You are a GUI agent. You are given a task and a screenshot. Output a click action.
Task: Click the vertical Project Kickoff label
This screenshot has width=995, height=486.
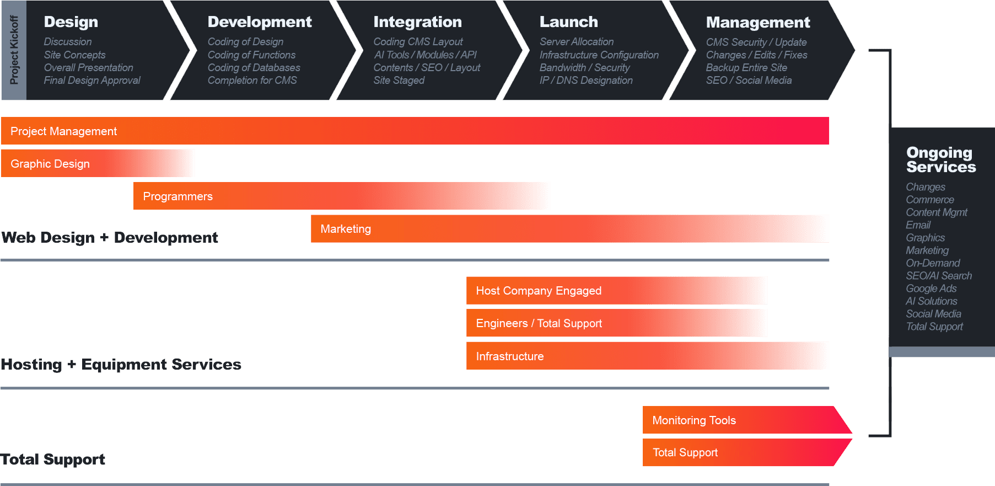[x=14, y=50]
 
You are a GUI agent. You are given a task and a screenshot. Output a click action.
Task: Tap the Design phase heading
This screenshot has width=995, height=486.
[x=71, y=22]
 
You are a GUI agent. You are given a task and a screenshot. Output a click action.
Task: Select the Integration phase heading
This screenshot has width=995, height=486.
[x=417, y=22]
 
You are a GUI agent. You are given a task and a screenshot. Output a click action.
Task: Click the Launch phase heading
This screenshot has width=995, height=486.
[x=568, y=22]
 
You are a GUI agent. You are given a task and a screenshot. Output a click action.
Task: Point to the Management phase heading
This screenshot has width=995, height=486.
[x=757, y=23]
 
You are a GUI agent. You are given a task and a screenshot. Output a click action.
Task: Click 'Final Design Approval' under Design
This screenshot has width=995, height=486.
[x=92, y=81]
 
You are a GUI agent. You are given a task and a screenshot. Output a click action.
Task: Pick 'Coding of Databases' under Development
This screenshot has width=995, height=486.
[x=254, y=68]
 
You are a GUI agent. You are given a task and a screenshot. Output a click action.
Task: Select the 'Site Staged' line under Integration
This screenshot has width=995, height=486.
[x=399, y=81]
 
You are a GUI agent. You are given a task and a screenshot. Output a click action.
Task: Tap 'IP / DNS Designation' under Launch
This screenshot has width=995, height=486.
[x=585, y=81]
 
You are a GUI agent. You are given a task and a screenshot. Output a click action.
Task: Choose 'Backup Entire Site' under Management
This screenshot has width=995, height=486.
[x=746, y=68]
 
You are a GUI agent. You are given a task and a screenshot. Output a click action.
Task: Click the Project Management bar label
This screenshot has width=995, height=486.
[x=63, y=131]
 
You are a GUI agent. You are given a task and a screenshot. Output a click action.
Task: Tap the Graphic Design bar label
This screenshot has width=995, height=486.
[x=50, y=164]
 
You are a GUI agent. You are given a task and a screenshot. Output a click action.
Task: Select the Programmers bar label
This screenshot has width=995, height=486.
[x=178, y=196]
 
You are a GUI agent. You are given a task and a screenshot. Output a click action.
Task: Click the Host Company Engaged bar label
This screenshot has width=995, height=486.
[x=539, y=291]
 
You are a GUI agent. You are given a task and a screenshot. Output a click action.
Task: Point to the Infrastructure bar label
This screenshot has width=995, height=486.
[x=510, y=356]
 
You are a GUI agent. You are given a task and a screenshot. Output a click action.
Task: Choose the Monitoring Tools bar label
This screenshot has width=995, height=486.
[x=694, y=420]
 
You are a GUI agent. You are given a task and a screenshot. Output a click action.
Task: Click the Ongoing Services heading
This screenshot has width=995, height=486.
[x=941, y=160]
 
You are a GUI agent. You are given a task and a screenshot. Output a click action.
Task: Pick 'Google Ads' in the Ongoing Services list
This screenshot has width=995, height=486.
[x=931, y=289]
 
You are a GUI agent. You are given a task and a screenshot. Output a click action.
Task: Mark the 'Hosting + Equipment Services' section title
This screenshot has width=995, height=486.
[x=121, y=365]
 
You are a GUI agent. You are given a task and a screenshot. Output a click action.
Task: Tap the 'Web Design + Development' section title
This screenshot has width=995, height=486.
[x=110, y=238]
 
